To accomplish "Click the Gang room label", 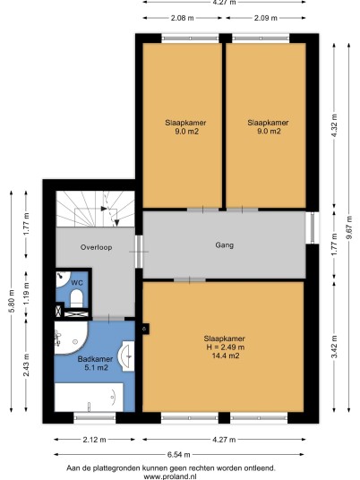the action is click(225, 245).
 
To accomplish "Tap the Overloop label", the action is click(96, 247).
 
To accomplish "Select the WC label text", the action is click(77, 283).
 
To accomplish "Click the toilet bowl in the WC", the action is click(76, 298).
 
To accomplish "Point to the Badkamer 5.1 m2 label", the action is click(96, 363).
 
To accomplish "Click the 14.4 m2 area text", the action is click(226, 356).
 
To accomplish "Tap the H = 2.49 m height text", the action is click(226, 347).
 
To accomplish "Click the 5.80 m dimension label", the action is click(12, 301).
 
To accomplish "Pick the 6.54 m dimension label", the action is click(179, 455).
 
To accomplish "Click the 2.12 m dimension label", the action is click(94, 440).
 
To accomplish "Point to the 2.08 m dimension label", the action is click(182, 18).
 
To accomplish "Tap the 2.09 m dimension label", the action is click(266, 18).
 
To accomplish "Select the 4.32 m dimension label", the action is click(334, 125).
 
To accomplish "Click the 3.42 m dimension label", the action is click(334, 347).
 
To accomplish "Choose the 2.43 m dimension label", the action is click(26, 364).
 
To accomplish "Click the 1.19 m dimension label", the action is click(26, 293).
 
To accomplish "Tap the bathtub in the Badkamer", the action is click(89, 397).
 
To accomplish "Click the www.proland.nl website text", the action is click(170, 476).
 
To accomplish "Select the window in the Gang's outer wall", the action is click(313, 227).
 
